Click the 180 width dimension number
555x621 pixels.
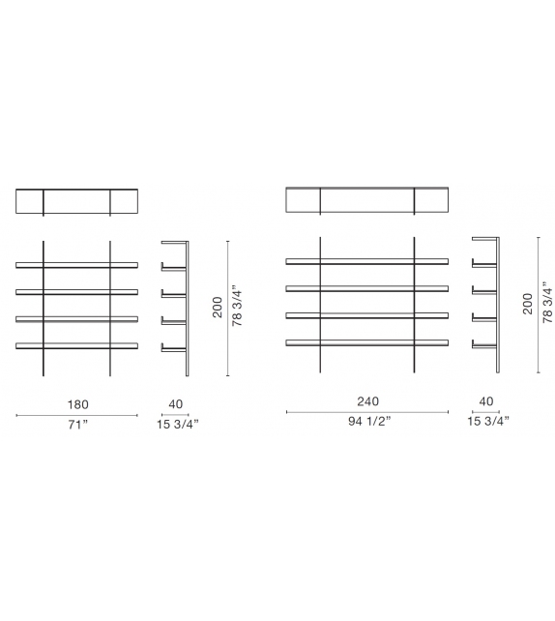click(x=77, y=403)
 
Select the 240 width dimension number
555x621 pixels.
click(x=367, y=401)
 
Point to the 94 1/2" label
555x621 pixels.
click(x=367, y=421)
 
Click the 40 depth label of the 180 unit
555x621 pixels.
click(x=175, y=403)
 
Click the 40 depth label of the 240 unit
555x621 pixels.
click(x=485, y=401)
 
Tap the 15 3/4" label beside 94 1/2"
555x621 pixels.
click(x=487, y=421)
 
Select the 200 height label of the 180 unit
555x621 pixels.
click(x=218, y=307)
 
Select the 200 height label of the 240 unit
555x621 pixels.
click(x=527, y=304)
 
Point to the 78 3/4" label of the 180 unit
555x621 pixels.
click(x=237, y=307)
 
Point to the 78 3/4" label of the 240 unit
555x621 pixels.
click(x=546, y=304)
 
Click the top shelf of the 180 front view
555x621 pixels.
click(x=77, y=263)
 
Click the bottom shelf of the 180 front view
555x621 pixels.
click(x=77, y=344)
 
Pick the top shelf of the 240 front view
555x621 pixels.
click(x=367, y=260)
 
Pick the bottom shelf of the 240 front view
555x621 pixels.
click(x=367, y=341)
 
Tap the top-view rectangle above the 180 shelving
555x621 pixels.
click(x=77, y=201)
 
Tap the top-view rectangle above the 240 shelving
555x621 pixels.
click(x=367, y=199)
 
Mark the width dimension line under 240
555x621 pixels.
click(x=367, y=412)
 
